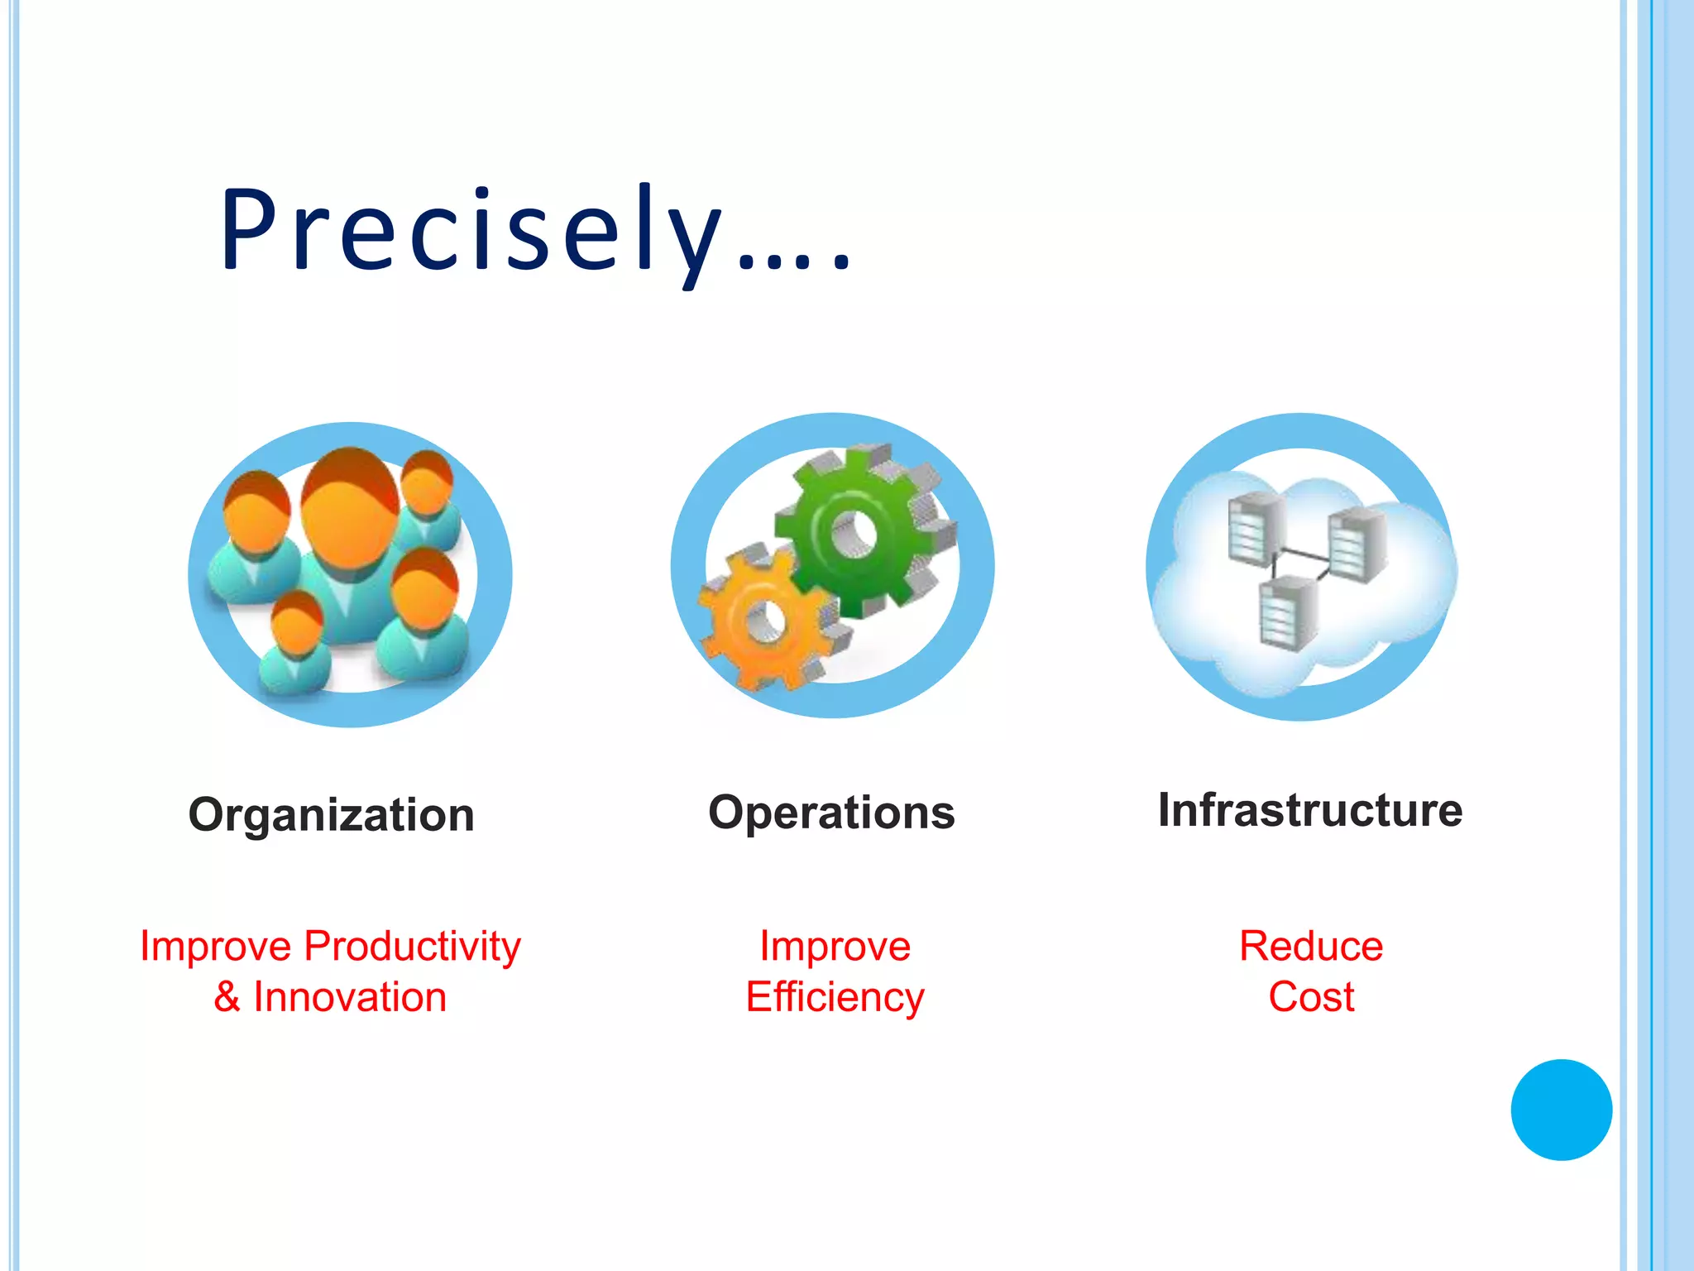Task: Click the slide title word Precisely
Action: (471, 232)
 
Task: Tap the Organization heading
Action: (332, 815)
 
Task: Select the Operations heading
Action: (831, 813)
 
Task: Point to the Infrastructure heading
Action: (1309, 810)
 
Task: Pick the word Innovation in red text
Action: (350, 997)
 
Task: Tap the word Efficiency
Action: (835, 997)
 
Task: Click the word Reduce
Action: (1311, 946)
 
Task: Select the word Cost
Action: (1311, 997)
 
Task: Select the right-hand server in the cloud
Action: (1357, 546)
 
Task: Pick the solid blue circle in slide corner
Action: (1561, 1110)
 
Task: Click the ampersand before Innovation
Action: (227, 997)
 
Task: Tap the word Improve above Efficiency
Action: (835, 946)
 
